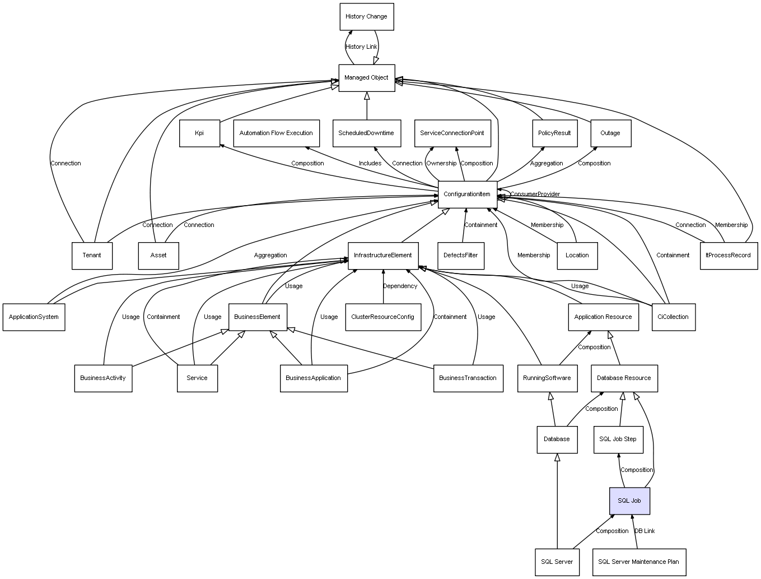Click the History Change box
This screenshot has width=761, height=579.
(x=366, y=17)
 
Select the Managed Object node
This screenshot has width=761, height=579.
(x=367, y=78)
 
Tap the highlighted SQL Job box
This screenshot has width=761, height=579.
(x=629, y=501)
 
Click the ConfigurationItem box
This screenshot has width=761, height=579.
(x=468, y=194)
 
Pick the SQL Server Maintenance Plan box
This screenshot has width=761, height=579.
(x=639, y=562)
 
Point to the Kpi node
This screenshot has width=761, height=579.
(x=199, y=133)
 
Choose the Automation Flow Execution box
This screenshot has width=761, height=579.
(x=276, y=133)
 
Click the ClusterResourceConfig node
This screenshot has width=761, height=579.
(x=383, y=317)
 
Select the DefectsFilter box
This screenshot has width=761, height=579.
(x=461, y=256)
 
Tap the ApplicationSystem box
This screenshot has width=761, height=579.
(x=34, y=317)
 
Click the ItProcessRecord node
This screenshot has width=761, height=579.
(x=729, y=256)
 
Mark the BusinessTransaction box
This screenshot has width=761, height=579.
(x=468, y=378)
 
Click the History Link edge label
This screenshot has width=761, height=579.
(x=361, y=47)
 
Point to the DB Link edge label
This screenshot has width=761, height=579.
(x=645, y=531)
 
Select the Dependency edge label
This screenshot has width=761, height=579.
(x=400, y=286)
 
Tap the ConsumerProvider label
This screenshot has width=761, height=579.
(x=535, y=194)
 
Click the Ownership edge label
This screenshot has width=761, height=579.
(x=441, y=164)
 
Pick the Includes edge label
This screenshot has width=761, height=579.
(x=370, y=164)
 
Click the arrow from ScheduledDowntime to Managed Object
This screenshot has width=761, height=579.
(x=367, y=106)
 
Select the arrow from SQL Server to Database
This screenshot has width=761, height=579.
(x=557, y=501)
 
